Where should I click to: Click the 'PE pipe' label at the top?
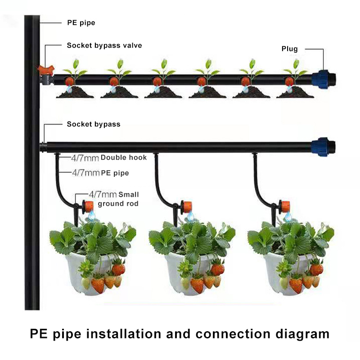click(81, 22)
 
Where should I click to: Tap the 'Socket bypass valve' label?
click(104, 45)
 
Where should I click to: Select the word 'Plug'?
click(289, 49)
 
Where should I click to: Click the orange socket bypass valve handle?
click(45, 70)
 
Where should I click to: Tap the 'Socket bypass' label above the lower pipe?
click(94, 124)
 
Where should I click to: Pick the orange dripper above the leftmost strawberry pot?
click(89, 207)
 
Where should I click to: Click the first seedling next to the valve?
click(76, 67)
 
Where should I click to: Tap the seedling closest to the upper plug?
click(296, 67)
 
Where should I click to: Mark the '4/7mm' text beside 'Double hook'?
click(85, 158)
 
